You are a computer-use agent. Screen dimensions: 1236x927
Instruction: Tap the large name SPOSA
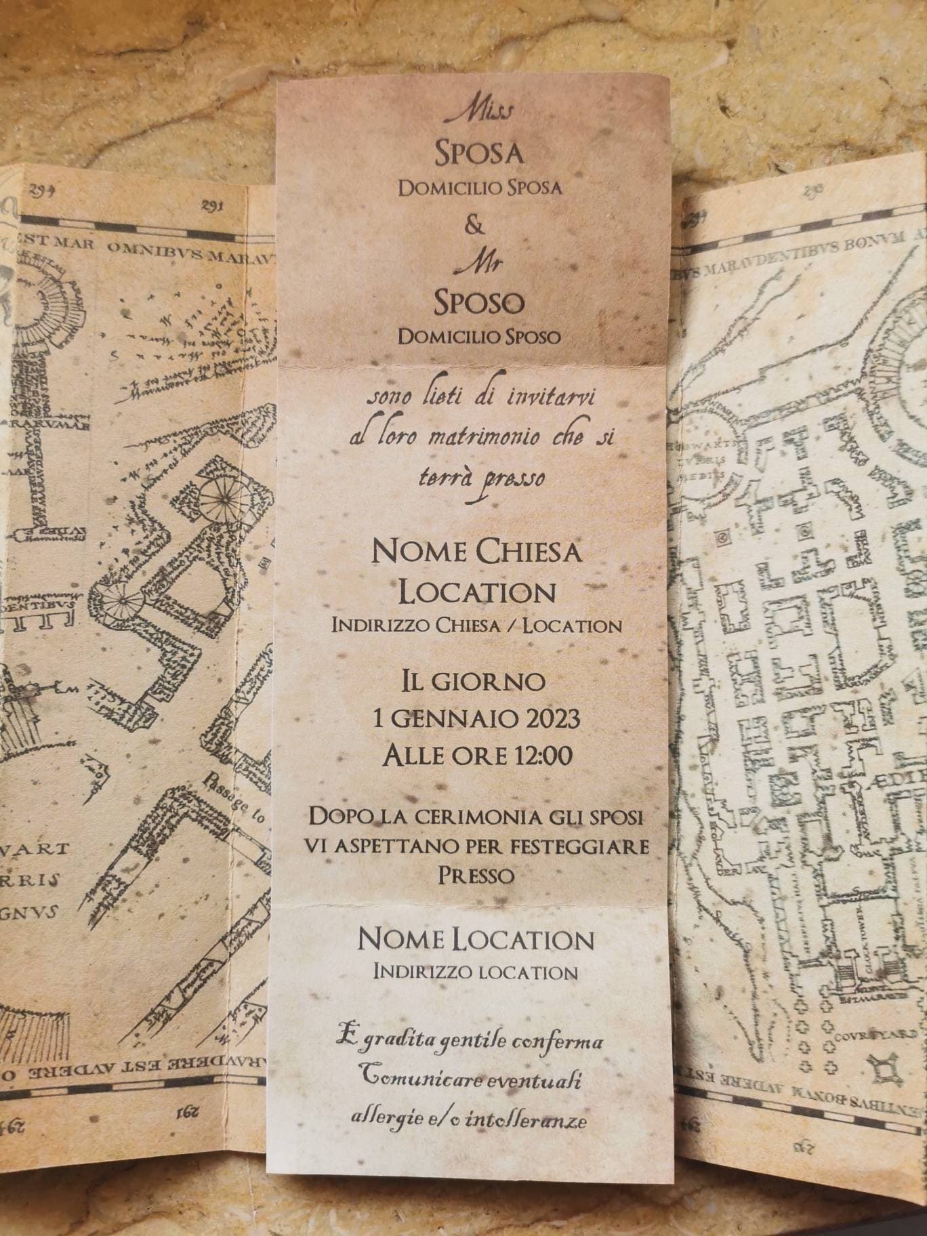click(479, 154)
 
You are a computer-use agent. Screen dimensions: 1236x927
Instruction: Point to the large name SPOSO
click(479, 304)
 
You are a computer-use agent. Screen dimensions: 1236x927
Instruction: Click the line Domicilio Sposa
click(480, 188)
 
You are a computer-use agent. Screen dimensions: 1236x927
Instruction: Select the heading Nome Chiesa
click(477, 553)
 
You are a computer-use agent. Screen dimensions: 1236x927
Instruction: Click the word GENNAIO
click(459, 717)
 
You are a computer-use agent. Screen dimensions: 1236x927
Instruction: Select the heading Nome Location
click(476, 939)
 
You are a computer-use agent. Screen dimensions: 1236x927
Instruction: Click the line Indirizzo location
click(476, 972)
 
